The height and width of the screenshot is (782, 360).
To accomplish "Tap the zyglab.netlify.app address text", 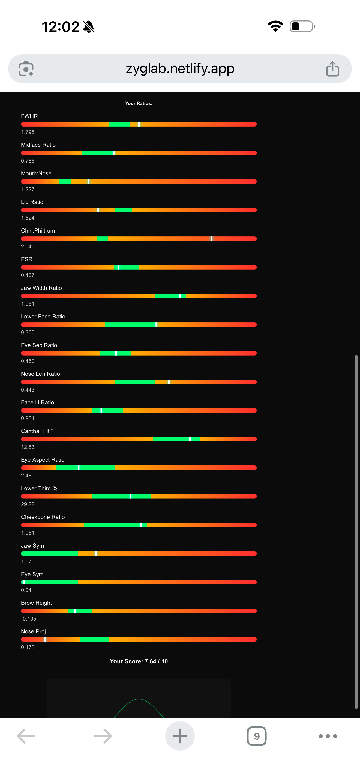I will [x=180, y=69].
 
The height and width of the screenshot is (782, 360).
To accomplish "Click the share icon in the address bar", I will [x=332, y=69].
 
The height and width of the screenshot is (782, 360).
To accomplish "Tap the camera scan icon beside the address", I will [x=26, y=69].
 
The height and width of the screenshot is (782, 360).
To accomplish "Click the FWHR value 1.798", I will [x=28, y=132].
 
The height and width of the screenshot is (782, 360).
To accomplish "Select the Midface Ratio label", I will [x=38, y=145].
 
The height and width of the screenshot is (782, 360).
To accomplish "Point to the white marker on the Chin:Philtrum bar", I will [x=211, y=239].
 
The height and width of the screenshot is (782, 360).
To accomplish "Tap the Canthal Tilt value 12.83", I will [x=28, y=447].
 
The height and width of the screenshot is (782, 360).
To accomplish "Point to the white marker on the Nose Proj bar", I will [x=45, y=639].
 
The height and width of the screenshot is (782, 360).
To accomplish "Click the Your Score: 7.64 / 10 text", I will [x=139, y=661].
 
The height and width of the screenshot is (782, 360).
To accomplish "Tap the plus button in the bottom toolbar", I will [x=180, y=736].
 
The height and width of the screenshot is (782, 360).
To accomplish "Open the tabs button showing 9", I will [x=256, y=736].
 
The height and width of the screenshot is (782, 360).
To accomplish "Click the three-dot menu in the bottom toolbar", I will [x=328, y=736].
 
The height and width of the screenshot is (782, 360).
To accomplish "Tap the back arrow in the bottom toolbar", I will [x=26, y=736].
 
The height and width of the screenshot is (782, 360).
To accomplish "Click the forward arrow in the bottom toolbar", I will [x=103, y=736].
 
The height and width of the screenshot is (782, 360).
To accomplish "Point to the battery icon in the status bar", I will [x=302, y=26].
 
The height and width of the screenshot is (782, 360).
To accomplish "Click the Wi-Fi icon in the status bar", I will [x=275, y=26].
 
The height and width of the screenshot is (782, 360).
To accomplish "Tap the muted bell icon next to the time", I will [x=89, y=27].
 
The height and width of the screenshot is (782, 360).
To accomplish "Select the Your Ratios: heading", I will [x=139, y=104].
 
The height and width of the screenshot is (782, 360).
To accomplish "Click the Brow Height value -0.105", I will [x=29, y=619].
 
